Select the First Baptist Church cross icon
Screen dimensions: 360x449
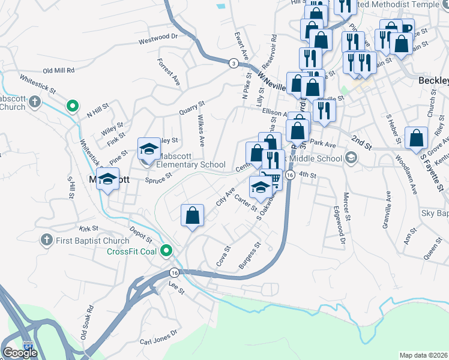click(46, 241)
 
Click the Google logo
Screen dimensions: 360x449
click(20, 353)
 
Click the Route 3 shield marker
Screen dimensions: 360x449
click(232, 62)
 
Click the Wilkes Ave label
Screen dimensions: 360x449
click(198, 132)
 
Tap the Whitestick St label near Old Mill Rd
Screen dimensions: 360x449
click(37, 82)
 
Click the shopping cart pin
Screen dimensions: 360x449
click(273, 179)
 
